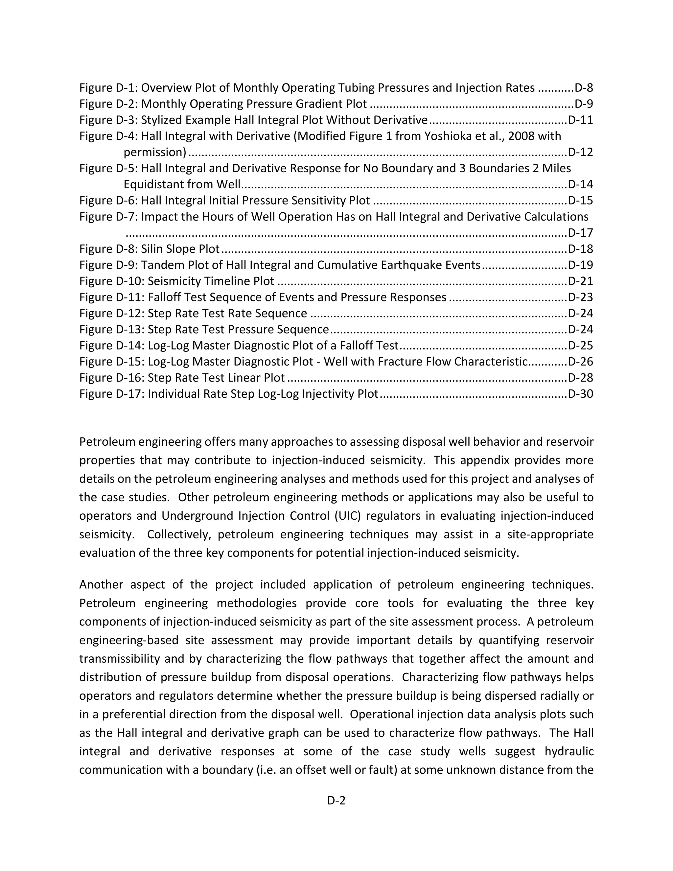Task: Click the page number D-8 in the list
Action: [x=584, y=88]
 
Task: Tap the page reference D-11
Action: [x=581, y=120]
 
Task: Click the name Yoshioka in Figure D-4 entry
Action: [x=448, y=136]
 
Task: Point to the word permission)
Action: [x=155, y=153]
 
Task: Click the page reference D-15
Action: [x=581, y=200]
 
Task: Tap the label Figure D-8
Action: [x=108, y=249]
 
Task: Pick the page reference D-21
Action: [x=581, y=281]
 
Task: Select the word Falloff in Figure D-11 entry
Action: [x=166, y=297]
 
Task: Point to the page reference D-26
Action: [x=581, y=362]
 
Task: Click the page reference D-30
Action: [x=581, y=394]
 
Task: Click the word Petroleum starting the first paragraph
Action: [x=106, y=442]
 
